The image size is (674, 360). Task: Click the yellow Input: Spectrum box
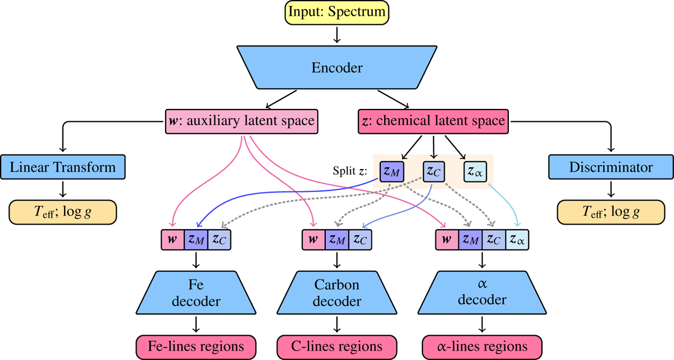[336, 12]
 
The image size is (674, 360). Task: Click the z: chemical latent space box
[434, 121]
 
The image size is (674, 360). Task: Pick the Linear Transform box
[62, 167]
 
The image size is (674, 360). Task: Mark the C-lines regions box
[337, 345]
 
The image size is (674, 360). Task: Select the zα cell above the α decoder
[518, 240]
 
